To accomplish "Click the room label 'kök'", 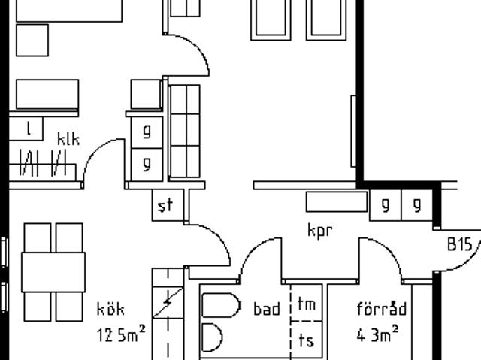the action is tap(110, 309).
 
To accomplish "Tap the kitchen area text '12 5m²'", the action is tap(121, 334).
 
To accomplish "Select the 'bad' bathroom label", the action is tap(267, 309).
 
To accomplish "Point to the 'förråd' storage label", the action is tap(382, 308).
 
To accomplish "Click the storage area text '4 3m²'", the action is tap(378, 334).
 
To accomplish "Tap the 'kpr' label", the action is tap(319, 230).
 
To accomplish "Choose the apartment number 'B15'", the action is tap(459, 244).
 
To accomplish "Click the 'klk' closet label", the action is tap(68, 139).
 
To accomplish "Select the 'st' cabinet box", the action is tap(168, 205).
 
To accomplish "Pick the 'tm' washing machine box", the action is tap(307, 303).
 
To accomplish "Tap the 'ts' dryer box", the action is tap(307, 340).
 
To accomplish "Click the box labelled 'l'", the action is tap(26, 129).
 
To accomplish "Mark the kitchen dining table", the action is tap(53, 272).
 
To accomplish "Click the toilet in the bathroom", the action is tap(221, 305).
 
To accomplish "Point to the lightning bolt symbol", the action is tap(168, 301).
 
